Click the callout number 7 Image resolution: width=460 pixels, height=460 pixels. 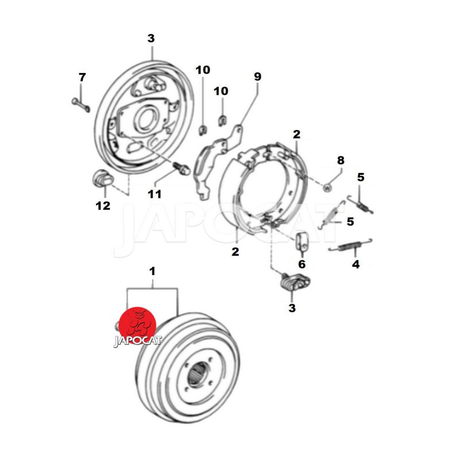(x=82, y=78)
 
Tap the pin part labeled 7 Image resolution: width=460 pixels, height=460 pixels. (x=80, y=105)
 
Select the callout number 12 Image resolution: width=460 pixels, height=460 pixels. (x=103, y=206)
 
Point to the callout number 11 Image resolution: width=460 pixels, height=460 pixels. (x=155, y=194)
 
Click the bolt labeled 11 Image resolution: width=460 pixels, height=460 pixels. (x=182, y=168)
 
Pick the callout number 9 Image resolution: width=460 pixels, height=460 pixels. (x=257, y=76)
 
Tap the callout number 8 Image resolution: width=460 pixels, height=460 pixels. (x=340, y=160)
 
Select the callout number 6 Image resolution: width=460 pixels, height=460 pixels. (x=302, y=264)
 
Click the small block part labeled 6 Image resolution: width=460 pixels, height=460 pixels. (x=301, y=241)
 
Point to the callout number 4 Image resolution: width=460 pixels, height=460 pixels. (x=355, y=264)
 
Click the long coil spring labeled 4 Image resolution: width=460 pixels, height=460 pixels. (x=350, y=246)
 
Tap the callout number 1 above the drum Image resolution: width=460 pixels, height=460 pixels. (x=152, y=271)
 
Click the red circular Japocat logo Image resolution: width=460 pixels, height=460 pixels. (x=137, y=325)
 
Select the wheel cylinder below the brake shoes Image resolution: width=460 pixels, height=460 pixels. (x=295, y=282)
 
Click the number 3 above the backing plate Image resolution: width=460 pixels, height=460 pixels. (x=151, y=39)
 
